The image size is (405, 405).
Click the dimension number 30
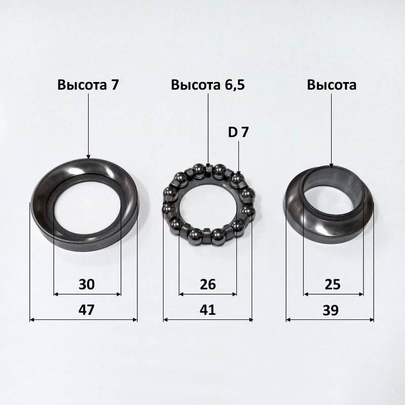(x=87, y=284)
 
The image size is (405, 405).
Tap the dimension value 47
(x=87, y=310)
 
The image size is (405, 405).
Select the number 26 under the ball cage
(x=208, y=285)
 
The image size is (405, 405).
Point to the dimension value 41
(x=208, y=310)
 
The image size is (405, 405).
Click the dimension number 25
(x=333, y=285)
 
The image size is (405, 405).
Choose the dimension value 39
(x=331, y=310)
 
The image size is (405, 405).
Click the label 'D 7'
(x=238, y=133)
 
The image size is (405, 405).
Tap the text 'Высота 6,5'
(x=208, y=85)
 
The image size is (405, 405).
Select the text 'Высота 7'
(x=88, y=85)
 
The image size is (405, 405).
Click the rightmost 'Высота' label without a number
(x=332, y=85)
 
